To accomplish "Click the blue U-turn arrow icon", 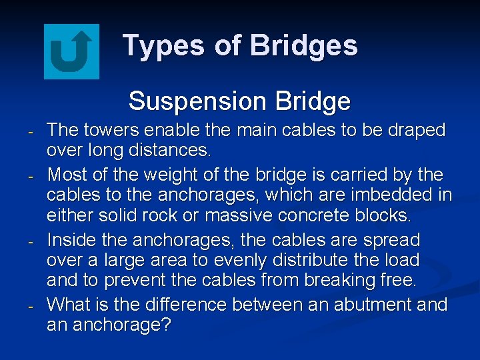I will tap(71, 51).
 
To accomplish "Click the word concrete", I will tap(337, 216).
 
